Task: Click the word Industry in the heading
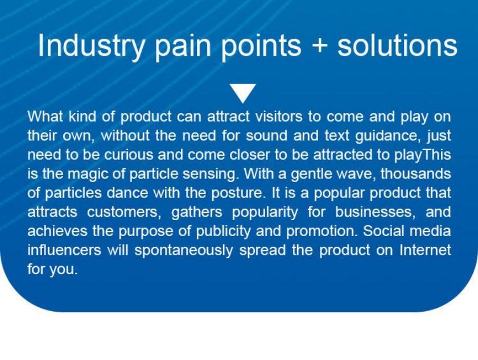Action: click(x=91, y=45)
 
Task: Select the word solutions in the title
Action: click(x=397, y=45)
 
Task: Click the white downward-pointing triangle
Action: click(x=243, y=92)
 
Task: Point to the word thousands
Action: click(x=415, y=173)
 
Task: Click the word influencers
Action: click(x=64, y=250)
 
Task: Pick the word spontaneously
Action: click(x=184, y=251)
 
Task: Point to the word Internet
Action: click(x=425, y=250)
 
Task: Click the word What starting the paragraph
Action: click(x=46, y=116)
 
